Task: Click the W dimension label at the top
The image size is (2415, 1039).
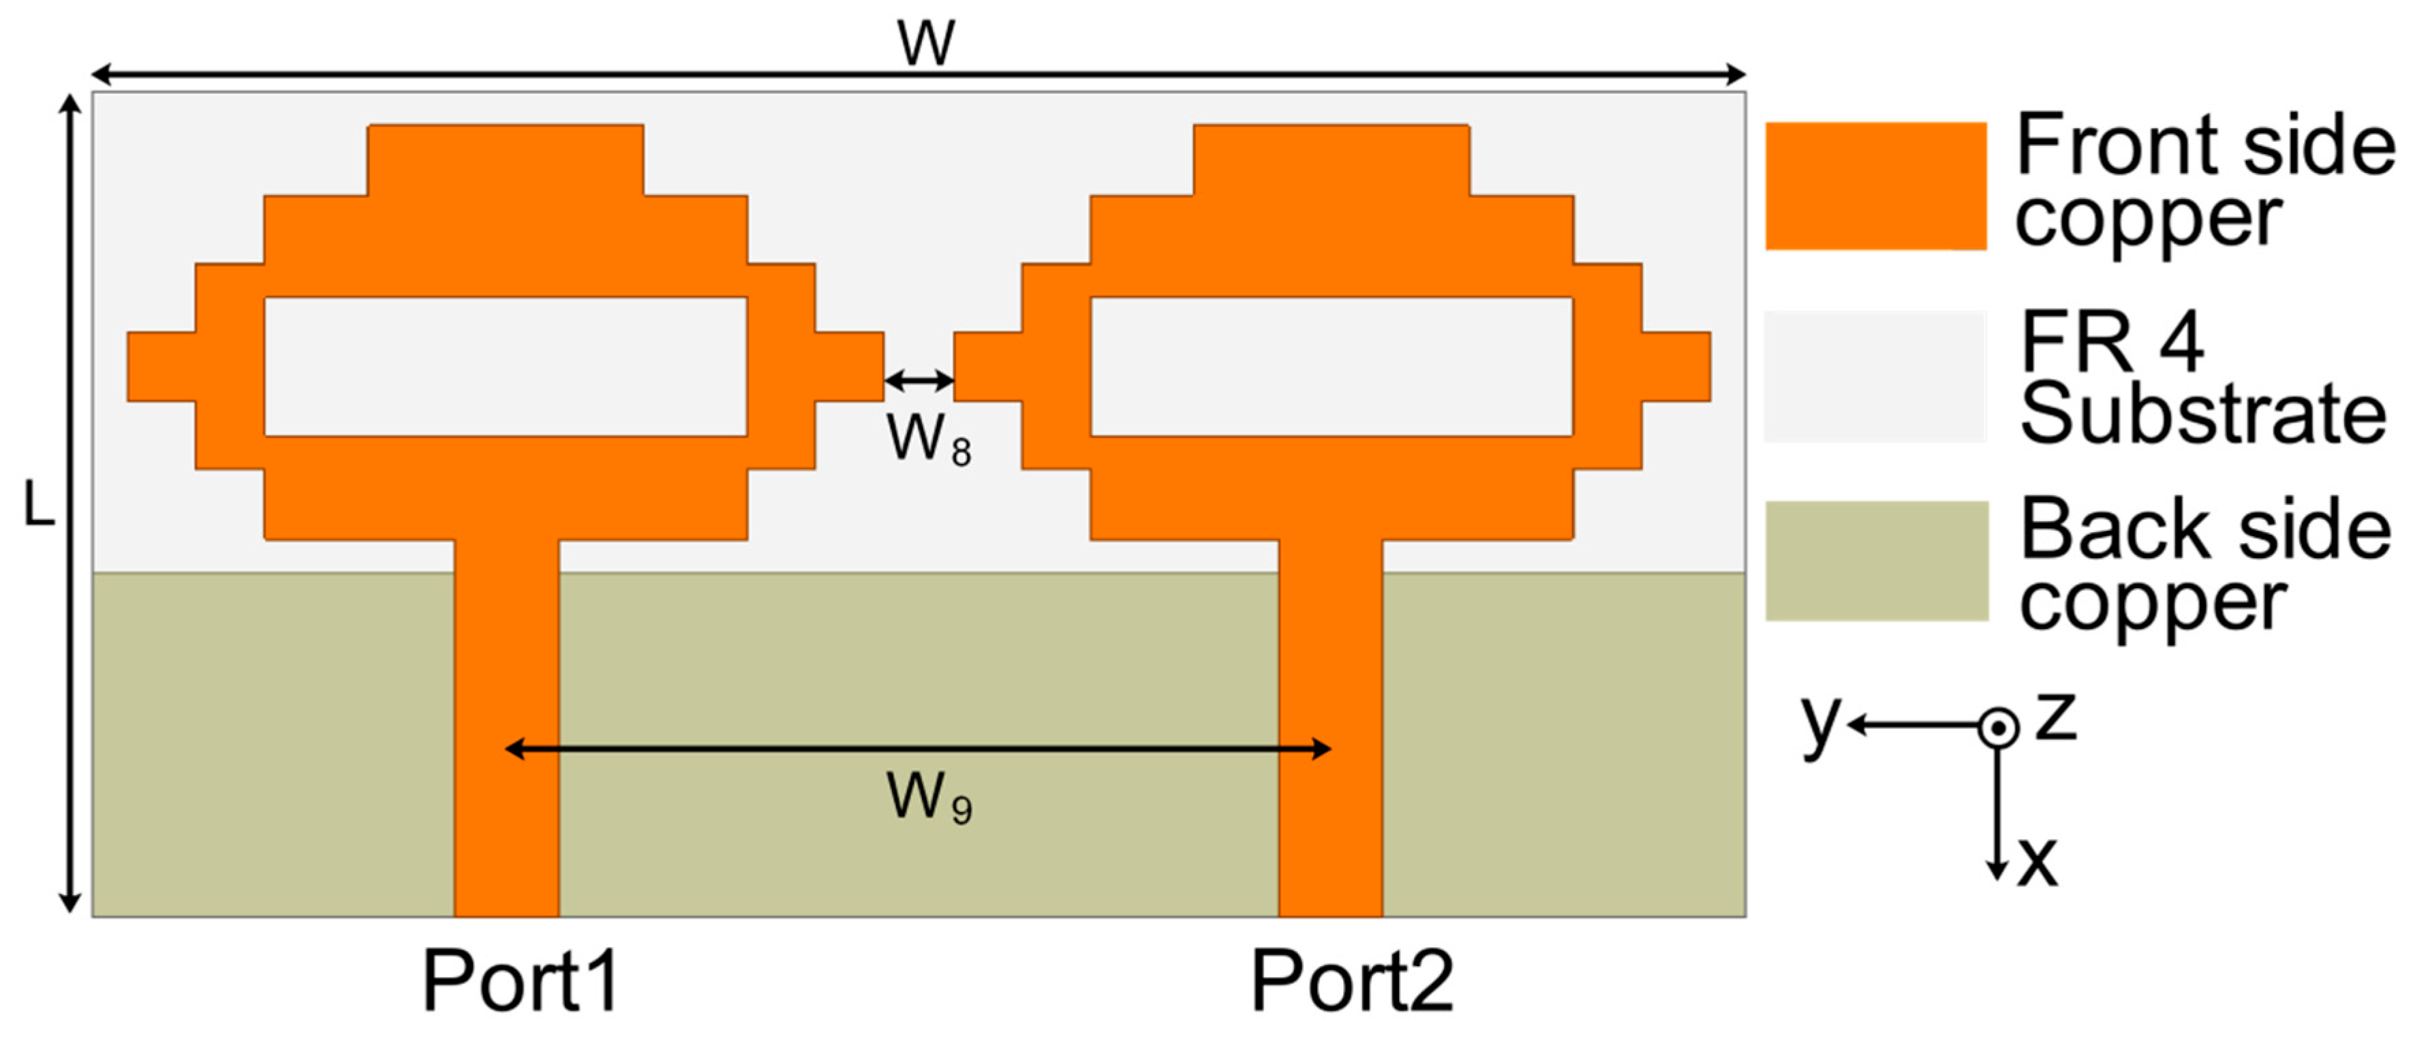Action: click(x=926, y=42)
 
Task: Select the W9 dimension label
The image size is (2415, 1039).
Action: click(x=929, y=798)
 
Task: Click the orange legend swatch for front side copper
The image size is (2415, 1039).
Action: click(x=1876, y=186)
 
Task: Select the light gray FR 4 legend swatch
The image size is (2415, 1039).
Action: click(x=1876, y=376)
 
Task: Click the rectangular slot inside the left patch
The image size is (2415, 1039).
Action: click(x=506, y=367)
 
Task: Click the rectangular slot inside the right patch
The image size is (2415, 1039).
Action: click(x=1332, y=367)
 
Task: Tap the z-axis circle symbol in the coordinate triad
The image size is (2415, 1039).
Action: click(x=1998, y=728)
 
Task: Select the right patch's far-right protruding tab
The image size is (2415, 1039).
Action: click(x=1676, y=367)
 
